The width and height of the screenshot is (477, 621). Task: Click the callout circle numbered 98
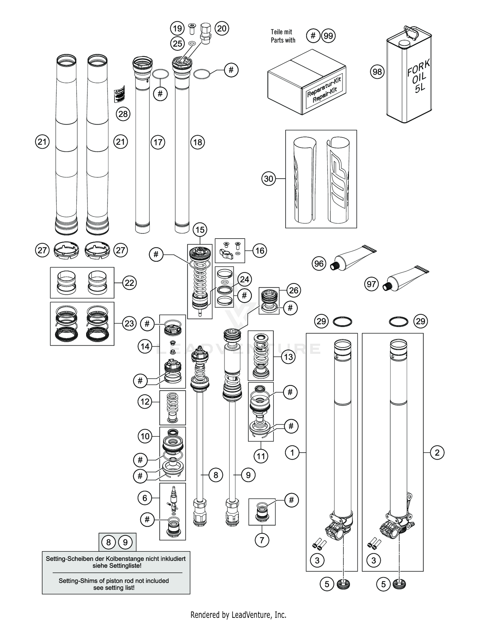[x=377, y=72]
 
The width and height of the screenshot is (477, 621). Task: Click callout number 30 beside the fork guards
[x=269, y=179]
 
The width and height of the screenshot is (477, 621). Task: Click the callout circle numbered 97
[x=371, y=284]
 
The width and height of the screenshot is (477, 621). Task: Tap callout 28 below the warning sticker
[x=123, y=114]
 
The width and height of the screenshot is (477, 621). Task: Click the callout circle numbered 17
[x=158, y=142]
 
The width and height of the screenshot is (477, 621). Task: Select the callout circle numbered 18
[x=198, y=142]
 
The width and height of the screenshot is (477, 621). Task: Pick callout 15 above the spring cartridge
[x=200, y=230]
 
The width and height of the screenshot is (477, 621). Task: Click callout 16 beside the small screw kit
[x=260, y=251]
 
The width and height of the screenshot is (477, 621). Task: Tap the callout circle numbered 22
[x=129, y=283]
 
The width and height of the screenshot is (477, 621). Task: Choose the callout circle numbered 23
[x=129, y=323]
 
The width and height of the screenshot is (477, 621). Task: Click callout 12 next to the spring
[x=145, y=402]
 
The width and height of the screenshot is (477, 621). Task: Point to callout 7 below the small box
[x=262, y=540]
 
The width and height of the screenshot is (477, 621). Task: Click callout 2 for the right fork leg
[x=437, y=452]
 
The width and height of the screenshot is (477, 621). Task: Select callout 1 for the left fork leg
[x=292, y=452]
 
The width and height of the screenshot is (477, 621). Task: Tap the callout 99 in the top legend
[x=328, y=36]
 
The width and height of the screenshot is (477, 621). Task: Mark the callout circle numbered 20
[x=222, y=29]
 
